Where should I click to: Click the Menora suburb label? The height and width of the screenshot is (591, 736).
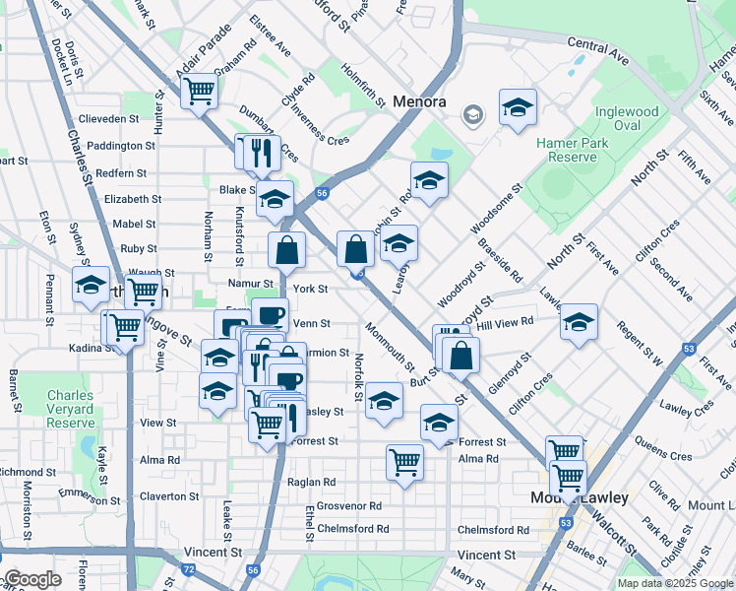(x=419, y=101)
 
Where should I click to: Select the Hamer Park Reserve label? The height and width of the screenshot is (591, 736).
(x=567, y=150)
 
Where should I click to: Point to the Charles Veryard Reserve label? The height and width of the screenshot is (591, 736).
(x=70, y=404)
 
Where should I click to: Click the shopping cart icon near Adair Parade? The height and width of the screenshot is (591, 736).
(x=200, y=91)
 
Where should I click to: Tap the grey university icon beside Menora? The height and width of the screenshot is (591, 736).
(x=473, y=115)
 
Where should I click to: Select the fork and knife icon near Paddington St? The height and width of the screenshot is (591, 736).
(x=261, y=151)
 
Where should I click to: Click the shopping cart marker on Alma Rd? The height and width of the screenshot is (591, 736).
(x=404, y=460)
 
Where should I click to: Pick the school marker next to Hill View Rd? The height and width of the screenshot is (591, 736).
(x=579, y=321)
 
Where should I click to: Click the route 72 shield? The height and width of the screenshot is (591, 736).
(x=188, y=569)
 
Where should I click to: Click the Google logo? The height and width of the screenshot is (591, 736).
(x=31, y=579)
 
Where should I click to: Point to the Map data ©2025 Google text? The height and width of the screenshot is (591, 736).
(x=674, y=583)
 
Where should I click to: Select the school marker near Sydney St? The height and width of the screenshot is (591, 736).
(x=92, y=284)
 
